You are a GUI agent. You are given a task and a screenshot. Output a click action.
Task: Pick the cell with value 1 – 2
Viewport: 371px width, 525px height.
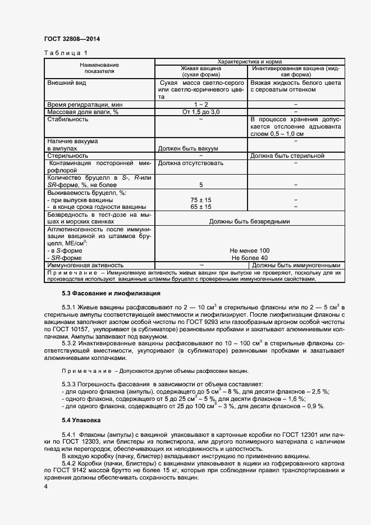[201, 105]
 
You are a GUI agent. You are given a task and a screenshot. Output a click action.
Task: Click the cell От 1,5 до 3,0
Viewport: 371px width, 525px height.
[201, 112]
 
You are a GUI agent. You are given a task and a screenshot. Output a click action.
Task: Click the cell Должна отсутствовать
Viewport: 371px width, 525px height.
[191, 163]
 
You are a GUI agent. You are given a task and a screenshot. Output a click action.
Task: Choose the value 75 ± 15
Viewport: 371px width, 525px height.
[201, 199]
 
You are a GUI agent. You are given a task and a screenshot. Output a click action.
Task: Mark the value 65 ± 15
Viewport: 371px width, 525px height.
[201, 207]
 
